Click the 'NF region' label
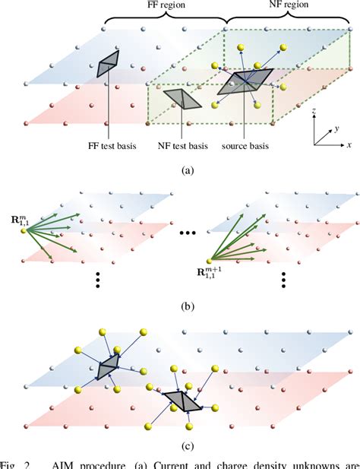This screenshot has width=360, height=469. click(x=281, y=6)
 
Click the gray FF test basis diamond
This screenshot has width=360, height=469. click(x=108, y=64)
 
